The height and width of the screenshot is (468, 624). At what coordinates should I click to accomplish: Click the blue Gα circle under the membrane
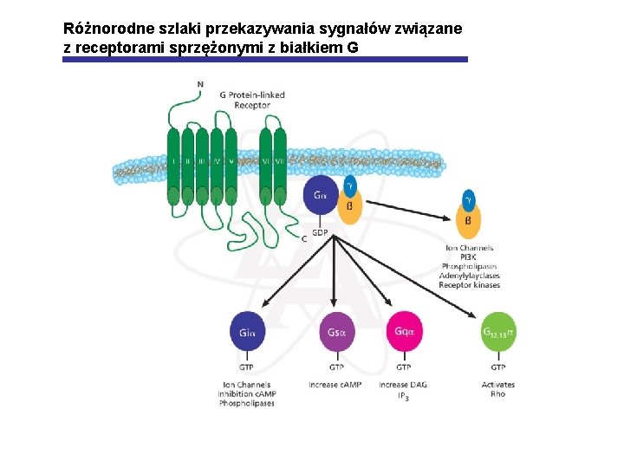coord(322,197)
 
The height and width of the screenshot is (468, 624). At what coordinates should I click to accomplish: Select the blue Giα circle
coord(247,333)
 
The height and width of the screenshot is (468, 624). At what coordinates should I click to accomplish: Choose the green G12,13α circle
coord(497,333)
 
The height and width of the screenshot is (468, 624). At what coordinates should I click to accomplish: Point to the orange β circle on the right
coord(468,221)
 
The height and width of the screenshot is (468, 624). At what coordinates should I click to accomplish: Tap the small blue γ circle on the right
coord(469,198)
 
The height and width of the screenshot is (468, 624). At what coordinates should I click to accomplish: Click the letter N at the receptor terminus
coord(201,84)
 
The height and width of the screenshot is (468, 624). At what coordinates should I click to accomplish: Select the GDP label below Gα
coord(320,231)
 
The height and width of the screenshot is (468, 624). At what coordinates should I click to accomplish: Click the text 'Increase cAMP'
coord(335,385)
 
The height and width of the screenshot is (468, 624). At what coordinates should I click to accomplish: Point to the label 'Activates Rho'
coord(497,389)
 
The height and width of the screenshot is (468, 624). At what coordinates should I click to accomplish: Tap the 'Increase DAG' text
coord(403,385)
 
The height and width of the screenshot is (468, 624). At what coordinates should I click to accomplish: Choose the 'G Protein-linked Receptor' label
coord(252,100)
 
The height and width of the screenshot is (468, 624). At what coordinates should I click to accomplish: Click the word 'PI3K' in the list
coord(469,257)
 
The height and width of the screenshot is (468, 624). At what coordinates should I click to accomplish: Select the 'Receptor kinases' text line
coord(469,285)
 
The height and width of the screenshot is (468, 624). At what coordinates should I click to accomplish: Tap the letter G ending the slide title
coord(352,47)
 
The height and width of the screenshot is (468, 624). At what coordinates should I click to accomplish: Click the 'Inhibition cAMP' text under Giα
coord(247,394)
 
